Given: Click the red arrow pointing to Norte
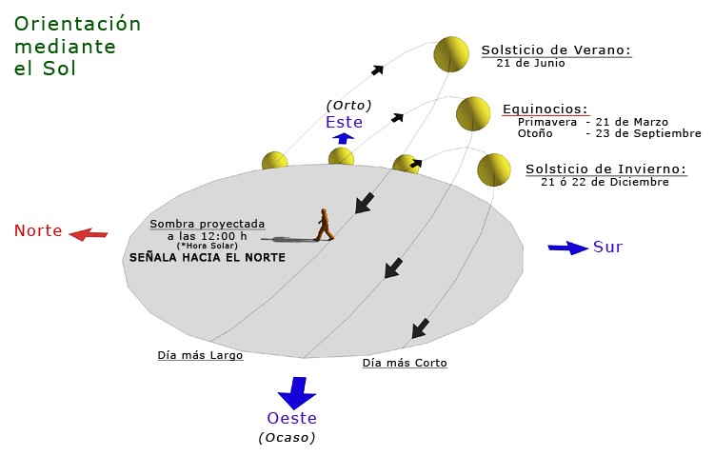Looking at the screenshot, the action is tap(89, 234).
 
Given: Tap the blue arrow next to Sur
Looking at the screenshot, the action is tap(567, 248).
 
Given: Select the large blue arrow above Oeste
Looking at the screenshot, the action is tap(297, 392).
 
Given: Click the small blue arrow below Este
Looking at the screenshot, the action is tap(343, 138).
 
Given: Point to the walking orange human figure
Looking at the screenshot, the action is tap(325, 225).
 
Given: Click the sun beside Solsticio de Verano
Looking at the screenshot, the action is tap(451, 54).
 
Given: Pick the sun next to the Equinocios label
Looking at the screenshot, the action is tap(473, 114).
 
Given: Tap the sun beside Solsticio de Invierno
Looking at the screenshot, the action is tap(494, 169).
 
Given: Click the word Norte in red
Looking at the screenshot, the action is tap(38, 230).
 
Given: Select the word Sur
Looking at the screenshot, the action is tap(607, 247).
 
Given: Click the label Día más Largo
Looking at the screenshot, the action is tap(200, 355).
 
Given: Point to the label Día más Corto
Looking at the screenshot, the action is tap(405, 363).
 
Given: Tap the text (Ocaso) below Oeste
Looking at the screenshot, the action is tap(287, 438).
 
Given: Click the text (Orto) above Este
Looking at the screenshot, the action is tap(348, 106).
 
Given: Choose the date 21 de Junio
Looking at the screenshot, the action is tap(530, 63).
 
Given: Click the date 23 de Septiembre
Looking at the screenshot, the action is tap(648, 133).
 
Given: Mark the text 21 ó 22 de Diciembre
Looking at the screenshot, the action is tap(605, 182).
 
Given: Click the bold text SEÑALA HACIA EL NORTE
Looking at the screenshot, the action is tap(208, 257).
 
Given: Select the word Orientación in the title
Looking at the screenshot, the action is tap(77, 24).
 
